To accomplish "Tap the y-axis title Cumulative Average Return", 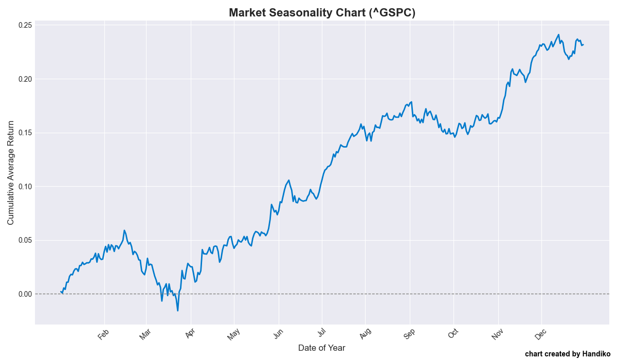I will click(x=11, y=173).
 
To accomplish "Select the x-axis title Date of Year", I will click(x=322, y=348).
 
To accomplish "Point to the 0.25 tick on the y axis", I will click(x=26, y=25).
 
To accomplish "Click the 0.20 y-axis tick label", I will click(x=26, y=79).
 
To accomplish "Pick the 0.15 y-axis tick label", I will click(x=26, y=133).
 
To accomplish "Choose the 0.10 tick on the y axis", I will click(x=26, y=187).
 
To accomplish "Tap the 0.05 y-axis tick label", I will click(x=26, y=240).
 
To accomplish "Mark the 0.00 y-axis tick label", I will click(x=26, y=294).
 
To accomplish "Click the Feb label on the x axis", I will click(x=103, y=334).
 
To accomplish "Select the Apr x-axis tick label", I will click(x=190, y=334).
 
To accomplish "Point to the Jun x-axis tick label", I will click(x=278, y=334).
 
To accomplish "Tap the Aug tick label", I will click(x=365, y=334).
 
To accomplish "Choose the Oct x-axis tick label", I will click(x=453, y=334).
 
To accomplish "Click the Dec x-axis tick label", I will click(x=540, y=334).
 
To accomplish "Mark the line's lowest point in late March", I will click(x=178, y=311).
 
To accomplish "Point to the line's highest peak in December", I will click(x=558, y=34).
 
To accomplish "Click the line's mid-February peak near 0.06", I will click(x=124, y=230).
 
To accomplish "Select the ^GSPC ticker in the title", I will click(x=392, y=12).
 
